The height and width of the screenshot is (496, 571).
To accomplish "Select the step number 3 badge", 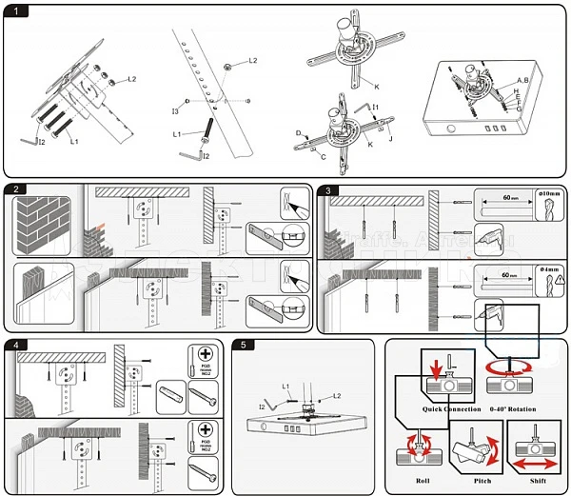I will [x=329, y=190].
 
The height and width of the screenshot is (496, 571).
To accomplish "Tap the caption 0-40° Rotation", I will [x=513, y=408].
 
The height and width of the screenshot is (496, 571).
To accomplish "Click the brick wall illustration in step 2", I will [x=43, y=228].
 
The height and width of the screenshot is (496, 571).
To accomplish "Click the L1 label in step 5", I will [x=285, y=386].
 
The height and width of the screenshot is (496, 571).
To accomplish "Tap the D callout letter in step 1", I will [x=298, y=133].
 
